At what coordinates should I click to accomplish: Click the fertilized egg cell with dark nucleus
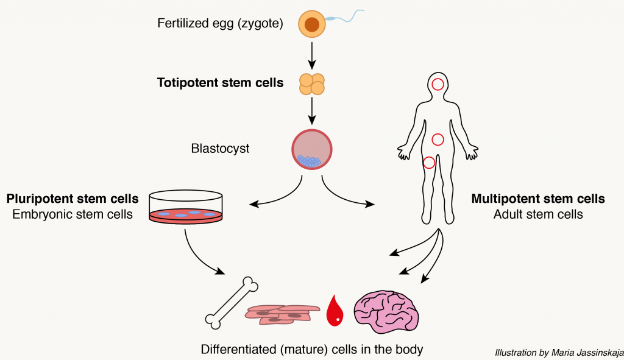pos(311,24)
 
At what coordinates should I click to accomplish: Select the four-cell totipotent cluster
pos(311,85)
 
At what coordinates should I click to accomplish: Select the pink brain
pos(386,309)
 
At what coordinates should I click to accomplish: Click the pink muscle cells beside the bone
pos(282,312)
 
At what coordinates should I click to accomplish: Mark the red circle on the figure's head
pos(438,84)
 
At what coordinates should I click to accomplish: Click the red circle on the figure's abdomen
pos(438,139)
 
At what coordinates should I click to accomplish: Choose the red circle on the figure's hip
pos(429,162)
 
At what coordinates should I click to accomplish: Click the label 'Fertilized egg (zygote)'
pos(220,24)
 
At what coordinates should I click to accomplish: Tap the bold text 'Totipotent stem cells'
pos(220,83)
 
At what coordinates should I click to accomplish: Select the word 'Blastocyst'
pos(220,149)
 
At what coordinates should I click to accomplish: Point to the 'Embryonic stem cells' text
pos(73,214)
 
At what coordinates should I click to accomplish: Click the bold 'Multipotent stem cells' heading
pos(538,199)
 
